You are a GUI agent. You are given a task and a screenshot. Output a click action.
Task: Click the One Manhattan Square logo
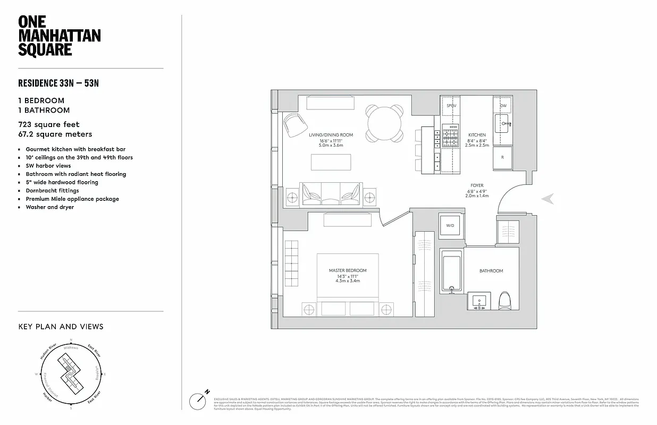pos(59,36)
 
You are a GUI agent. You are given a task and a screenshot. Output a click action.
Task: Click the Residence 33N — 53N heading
pos(58,83)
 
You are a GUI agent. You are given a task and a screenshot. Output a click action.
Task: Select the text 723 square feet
pos(48,124)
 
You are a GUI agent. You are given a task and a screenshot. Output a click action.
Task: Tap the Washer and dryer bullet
pos(49,207)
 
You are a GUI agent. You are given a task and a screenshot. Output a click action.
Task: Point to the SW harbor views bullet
pos(48,166)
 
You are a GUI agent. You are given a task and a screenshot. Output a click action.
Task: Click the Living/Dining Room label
pos(331,135)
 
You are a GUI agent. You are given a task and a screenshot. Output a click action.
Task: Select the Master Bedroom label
pos(348,270)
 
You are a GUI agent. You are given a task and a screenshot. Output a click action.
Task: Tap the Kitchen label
pos(477,135)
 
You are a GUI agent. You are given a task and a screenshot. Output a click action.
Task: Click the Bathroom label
pos(491,271)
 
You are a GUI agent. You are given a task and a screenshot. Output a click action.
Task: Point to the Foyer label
pos(476,185)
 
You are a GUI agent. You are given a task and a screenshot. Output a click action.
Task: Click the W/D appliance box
pos(450,226)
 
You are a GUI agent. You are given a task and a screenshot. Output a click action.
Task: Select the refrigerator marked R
pos(502,158)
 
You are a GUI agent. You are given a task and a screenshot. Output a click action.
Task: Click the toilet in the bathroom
pos(505,301)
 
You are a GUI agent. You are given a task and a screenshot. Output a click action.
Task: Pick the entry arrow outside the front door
pos(549,199)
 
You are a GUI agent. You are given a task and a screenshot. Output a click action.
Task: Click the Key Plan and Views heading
pos(61,327)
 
